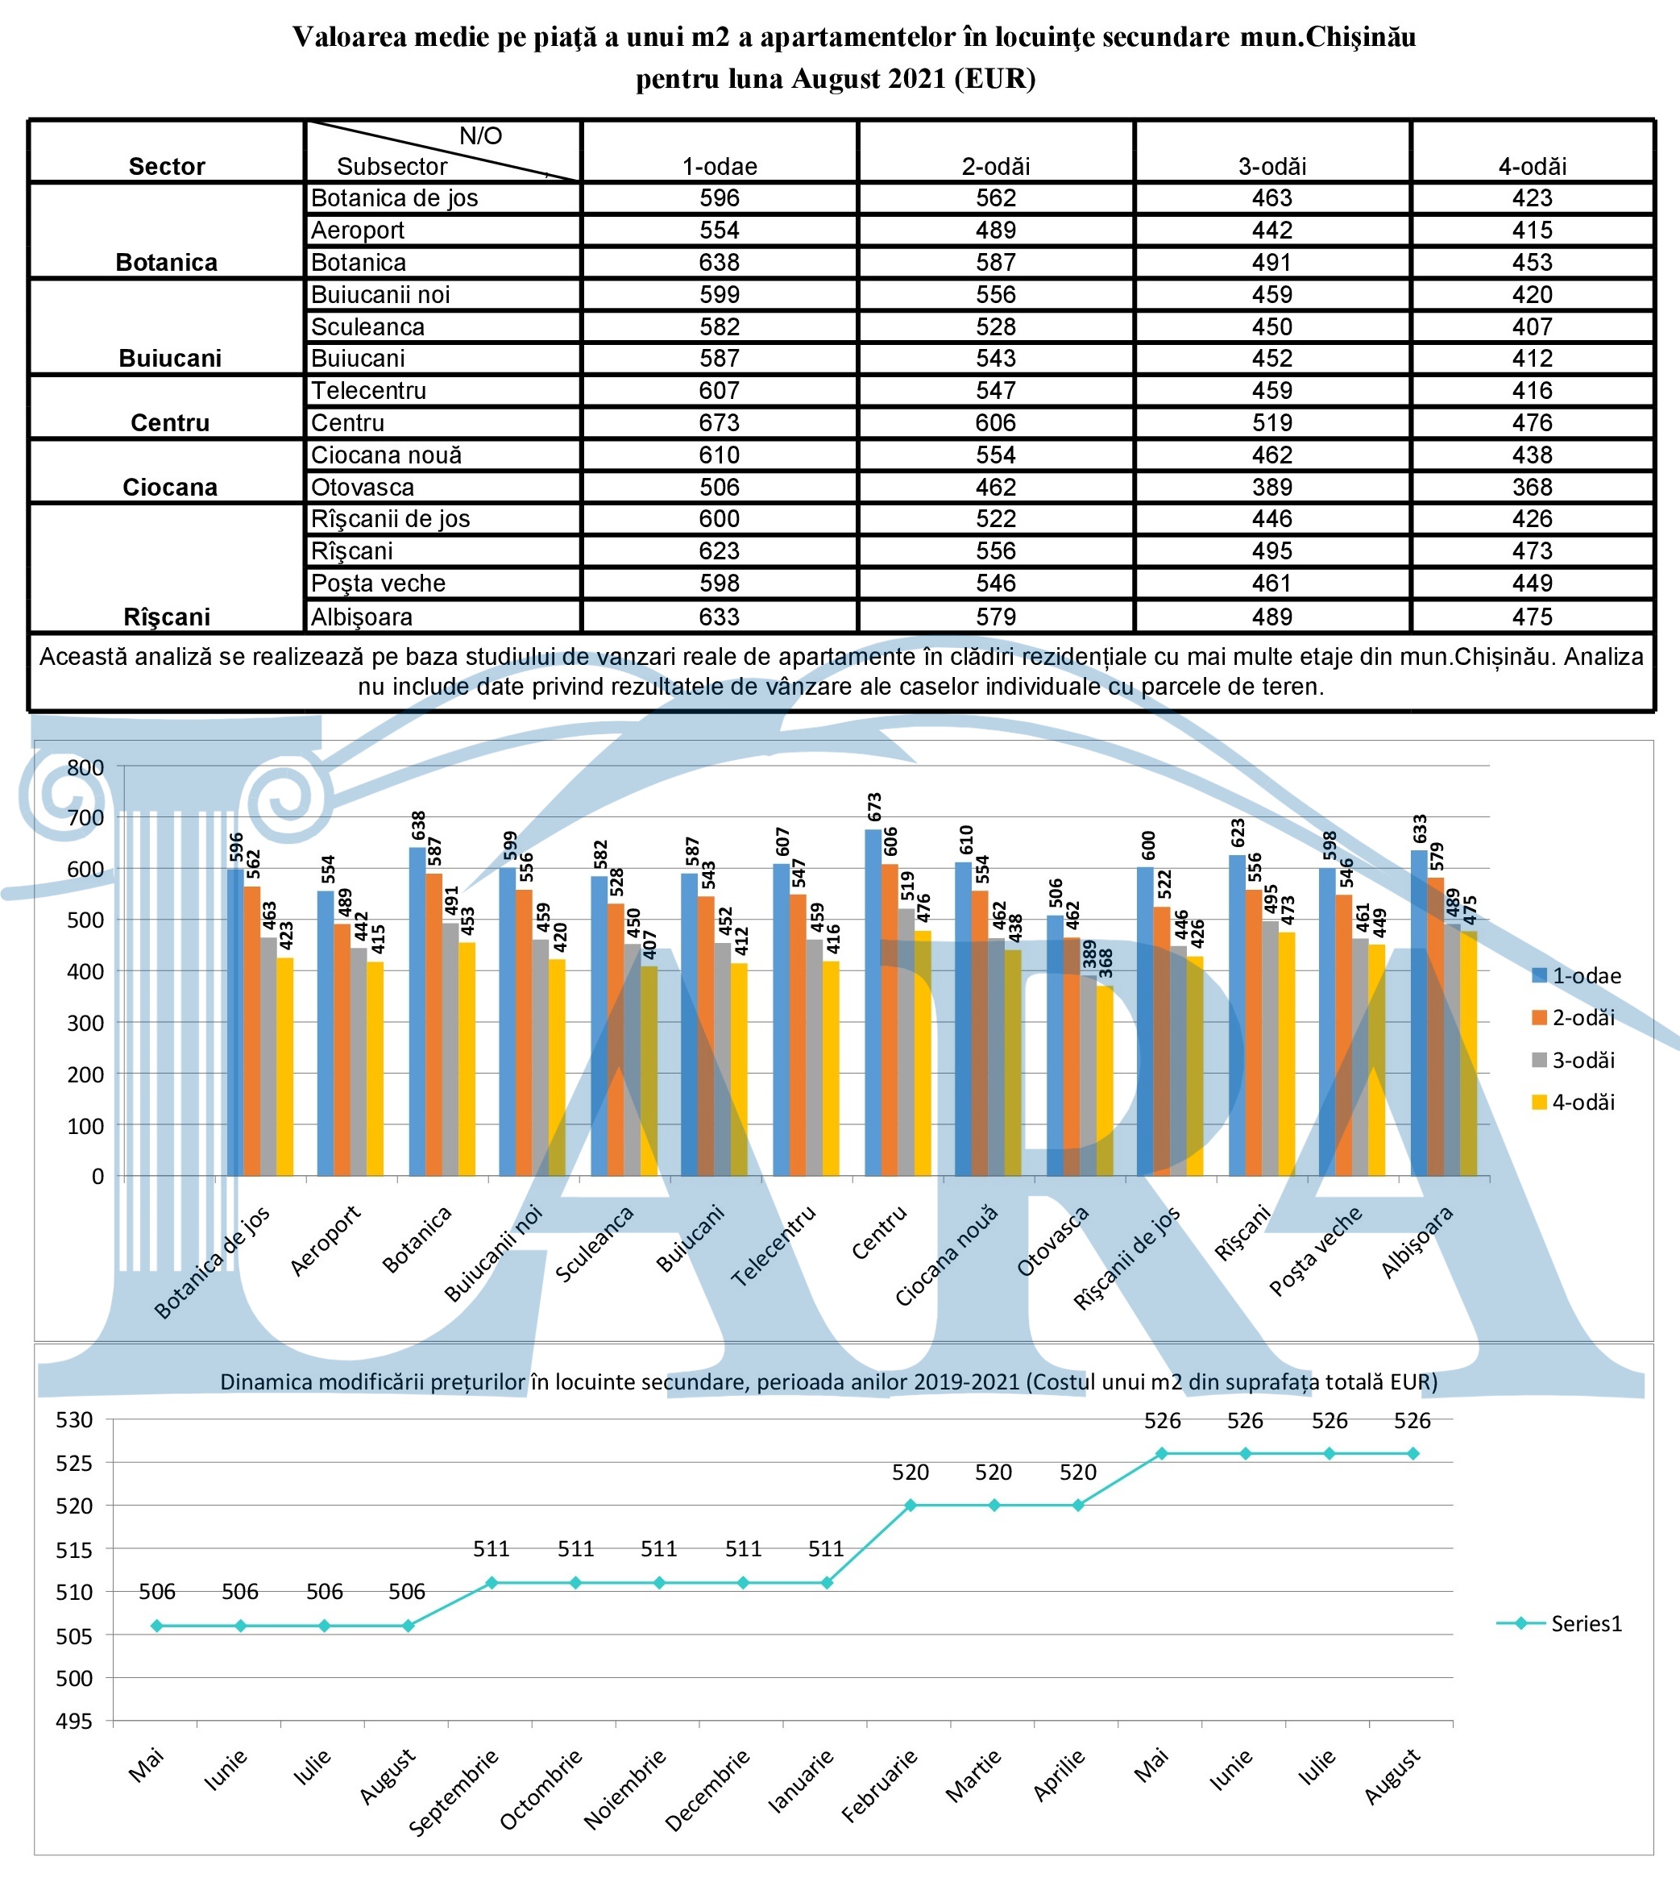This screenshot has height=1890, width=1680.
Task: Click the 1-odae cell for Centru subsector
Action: point(719,422)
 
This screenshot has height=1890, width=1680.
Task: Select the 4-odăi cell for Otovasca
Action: point(1531,488)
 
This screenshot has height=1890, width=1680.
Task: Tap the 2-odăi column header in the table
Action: point(995,167)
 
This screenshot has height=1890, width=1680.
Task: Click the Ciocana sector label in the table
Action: point(170,488)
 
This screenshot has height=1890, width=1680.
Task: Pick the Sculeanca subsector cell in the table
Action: point(368,326)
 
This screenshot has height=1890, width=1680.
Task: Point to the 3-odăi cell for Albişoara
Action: point(1271,617)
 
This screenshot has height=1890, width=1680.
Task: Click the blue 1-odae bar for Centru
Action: point(873,1003)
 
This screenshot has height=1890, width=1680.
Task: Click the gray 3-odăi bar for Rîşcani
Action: point(1271,1049)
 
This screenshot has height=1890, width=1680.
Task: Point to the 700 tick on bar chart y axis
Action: point(86,817)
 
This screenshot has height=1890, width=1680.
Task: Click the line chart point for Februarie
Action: point(911,1506)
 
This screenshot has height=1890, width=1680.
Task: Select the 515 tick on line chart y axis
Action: point(75,1550)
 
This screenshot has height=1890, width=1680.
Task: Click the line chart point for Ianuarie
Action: point(828,1583)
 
